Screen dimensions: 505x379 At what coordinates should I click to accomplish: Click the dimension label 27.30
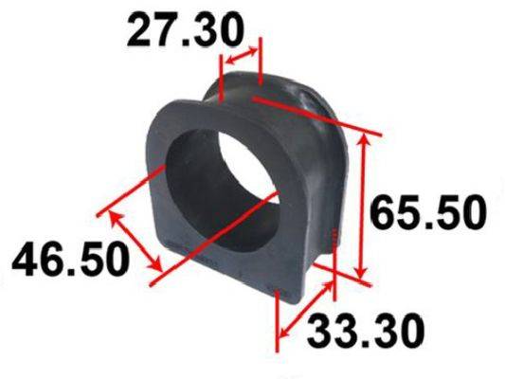(x=184, y=30)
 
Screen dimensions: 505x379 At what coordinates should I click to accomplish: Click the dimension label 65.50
(x=427, y=213)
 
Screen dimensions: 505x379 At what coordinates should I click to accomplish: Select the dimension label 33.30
(x=366, y=331)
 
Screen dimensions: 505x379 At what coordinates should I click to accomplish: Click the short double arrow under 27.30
(x=241, y=55)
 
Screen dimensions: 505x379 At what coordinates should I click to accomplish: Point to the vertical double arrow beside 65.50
(x=363, y=208)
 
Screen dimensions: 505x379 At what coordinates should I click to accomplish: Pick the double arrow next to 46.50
(x=135, y=240)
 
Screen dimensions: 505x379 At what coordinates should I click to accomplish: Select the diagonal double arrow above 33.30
(x=305, y=310)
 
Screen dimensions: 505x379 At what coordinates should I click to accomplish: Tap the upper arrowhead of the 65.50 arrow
(x=363, y=139)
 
